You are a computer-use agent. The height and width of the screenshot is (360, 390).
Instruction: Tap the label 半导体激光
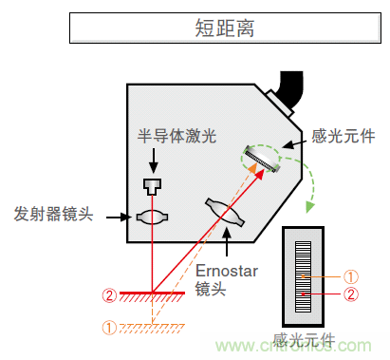pos(177,136)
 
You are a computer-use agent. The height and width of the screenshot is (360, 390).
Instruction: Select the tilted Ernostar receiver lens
pos(225,213)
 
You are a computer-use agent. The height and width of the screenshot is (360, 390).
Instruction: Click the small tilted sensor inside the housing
pos(258,159)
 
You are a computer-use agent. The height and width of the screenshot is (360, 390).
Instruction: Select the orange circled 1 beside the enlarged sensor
pos(349,276)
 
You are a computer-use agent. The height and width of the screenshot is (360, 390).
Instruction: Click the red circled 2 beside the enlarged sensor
pos(349,294)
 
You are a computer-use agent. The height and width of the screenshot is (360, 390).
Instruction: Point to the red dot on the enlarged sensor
pos(303,294)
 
